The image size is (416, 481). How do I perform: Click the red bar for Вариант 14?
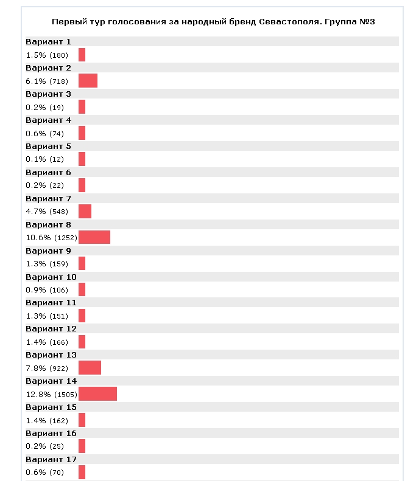click(x=97, y=394)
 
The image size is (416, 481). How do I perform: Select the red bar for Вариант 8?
click(x=94, y=237)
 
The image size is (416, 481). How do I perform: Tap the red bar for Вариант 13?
click(x=90, y=368)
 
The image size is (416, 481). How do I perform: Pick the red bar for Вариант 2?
click(x=88, y=81)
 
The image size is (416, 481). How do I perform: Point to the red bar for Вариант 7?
click(x=85, y=211)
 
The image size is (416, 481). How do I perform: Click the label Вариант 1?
click(x=48, y=42)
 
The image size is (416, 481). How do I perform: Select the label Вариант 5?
click(x=48, y=147)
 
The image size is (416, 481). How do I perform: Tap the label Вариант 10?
click(x=51, y=277)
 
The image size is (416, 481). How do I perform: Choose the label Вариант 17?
click(x=51, y=459)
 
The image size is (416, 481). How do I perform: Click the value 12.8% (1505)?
click(x=51, y=394)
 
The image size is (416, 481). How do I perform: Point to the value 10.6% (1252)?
click(x=51, y=237)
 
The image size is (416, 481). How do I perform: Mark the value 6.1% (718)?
click(x=46, y=81)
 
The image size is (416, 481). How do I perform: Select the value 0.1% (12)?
click(x=44, y=159)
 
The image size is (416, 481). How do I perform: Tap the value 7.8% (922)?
click(x=46, y=368)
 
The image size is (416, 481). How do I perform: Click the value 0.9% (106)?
click(x=46, y=289)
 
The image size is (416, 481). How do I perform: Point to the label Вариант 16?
click(x=51, y=433)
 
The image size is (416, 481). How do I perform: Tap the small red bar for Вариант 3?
click(x=82, y=107)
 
